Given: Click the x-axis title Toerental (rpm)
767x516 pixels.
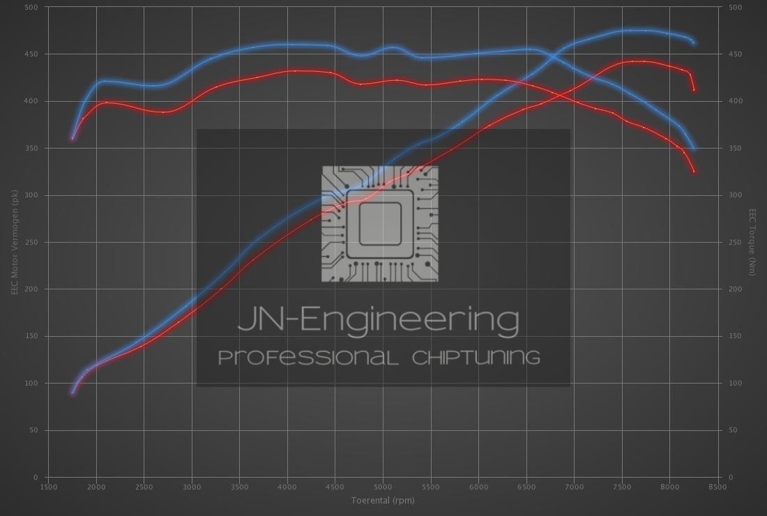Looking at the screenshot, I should click(x=383, y=500).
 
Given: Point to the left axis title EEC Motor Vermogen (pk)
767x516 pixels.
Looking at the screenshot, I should click(x=14, y=242).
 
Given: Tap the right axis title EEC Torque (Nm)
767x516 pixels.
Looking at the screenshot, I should click(x=752, y=242).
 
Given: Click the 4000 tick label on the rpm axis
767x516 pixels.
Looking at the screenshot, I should click(x=287, y=487).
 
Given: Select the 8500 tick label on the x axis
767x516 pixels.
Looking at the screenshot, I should click(x=717, y=487).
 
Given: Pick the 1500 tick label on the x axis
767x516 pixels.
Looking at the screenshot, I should click(x=48, y=487).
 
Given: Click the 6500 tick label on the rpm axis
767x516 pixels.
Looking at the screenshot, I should click(x=526, y=487).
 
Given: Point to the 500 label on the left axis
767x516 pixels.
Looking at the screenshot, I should click(x=32, y=8).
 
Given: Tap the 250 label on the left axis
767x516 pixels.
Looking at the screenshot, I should click(x=32, y=243).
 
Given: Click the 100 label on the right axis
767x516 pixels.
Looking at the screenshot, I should click(x=735, y=384).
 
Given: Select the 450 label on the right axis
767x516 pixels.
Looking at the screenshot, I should click(x=735, y=54).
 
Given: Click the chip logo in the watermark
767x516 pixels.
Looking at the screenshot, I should click(x=380, y=224).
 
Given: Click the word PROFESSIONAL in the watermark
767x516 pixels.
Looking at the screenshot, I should click(x=308, y=358).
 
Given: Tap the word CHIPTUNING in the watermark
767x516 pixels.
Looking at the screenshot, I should click(x=476, y=358).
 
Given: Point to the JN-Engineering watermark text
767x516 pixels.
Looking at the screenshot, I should click(x=379, y=320).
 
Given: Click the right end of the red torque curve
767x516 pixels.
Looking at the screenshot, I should click(x=694, y=171).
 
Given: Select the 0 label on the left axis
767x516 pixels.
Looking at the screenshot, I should click(x=36, y=478).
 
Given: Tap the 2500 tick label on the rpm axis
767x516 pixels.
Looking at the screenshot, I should click(x=144, y=487).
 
